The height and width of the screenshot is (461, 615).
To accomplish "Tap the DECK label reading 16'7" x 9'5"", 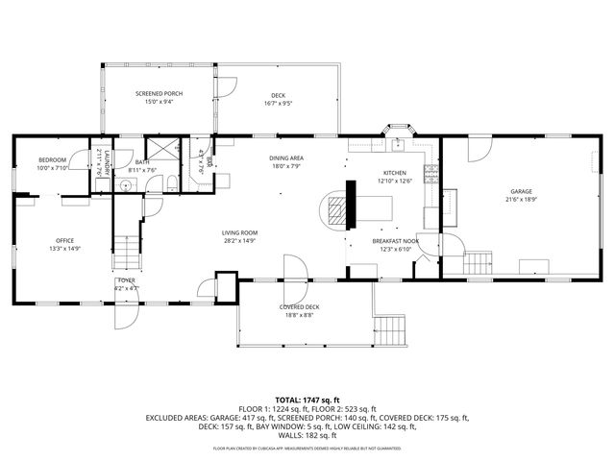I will click(278, 97).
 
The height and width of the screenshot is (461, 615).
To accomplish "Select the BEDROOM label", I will click(53, 163).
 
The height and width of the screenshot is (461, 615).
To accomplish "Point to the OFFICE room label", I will click(64, 245).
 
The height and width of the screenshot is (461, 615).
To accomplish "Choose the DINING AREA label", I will click(286, 161).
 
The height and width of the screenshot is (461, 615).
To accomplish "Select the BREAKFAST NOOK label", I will click(396, 245).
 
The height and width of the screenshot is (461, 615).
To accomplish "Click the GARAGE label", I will click(521, 196).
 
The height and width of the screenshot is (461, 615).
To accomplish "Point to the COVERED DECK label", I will click(299, 311).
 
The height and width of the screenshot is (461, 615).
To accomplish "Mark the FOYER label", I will click(127, 284).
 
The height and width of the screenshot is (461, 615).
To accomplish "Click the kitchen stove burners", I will click(431, 175).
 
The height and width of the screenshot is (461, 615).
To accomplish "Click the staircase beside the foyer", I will click(126, 253).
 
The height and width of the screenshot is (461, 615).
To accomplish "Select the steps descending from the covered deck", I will click(388, 330).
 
